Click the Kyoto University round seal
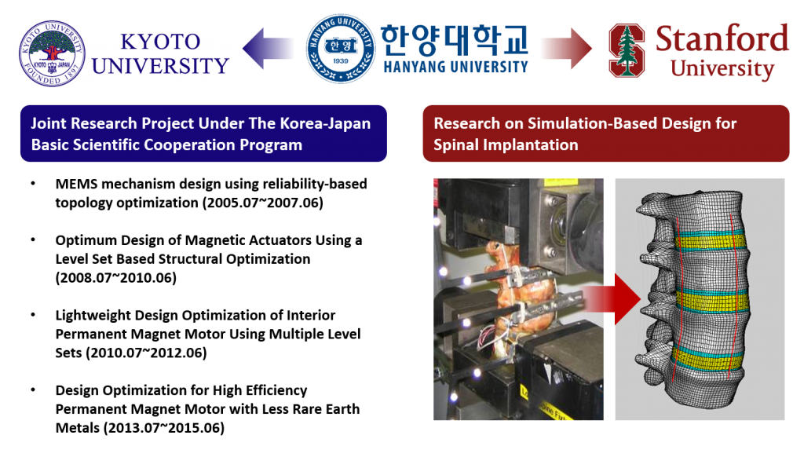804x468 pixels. click(x=52, y=53)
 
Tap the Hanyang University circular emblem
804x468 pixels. click(x=341, y=48)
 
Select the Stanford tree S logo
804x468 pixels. click(x=627, y=50)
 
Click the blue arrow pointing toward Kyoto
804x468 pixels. click(x=268, y=49)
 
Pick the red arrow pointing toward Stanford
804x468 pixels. click(x=566, y=49)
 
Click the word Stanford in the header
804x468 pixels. click(x=722, y=38)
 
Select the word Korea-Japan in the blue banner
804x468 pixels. click(x=325, y=123)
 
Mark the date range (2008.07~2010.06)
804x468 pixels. click(x=116, y=278)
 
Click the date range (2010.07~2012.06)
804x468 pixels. click(x=146, y=353)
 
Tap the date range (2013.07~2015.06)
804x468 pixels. click(x=164, y=428)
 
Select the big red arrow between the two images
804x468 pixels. click(x=612, y=299)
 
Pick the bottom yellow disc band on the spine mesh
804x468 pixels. click(x=707, y=360)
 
